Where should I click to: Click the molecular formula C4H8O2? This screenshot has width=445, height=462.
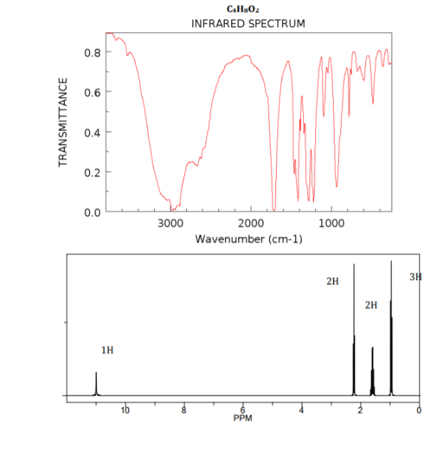tap(247, 9)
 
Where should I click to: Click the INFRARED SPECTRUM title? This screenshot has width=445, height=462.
tap(248, 24)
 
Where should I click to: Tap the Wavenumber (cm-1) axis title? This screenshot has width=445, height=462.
tap(249, 238)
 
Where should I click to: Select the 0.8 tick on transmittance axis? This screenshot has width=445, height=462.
tap(91, 52)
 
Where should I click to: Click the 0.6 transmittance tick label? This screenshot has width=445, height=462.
tap(91, 92)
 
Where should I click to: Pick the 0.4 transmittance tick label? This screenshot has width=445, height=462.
tap(91, 132)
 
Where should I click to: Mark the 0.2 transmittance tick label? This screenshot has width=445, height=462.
tap(91, 172)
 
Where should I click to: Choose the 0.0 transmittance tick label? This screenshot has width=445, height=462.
tap(91, 212)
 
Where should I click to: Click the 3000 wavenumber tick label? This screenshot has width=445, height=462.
tap(170, 224)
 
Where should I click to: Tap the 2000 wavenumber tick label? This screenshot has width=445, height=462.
tap(251, 224)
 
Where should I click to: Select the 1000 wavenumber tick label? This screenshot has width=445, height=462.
tap(332, 224)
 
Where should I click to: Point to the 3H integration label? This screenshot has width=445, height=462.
tap(415, 276)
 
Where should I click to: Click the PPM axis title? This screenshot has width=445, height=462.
tap(243, 418)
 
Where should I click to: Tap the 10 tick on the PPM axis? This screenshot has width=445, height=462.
tap(126, 410)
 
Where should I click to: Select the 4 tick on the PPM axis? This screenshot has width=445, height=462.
tap(302, 410)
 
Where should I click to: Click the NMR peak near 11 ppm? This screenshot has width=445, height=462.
tap(96, 383)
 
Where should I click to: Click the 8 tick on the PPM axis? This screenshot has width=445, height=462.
tap(184, 410)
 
